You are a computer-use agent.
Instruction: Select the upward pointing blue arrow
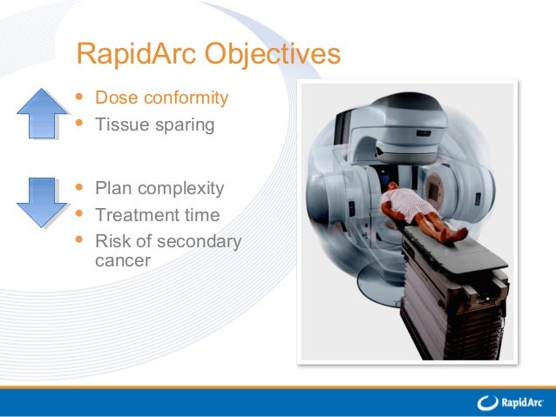(x=42, y=113)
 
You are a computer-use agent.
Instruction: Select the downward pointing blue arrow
(x=42, y=202)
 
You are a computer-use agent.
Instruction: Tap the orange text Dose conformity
(x=161, y=98)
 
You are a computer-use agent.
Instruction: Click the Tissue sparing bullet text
(x=154, y=124)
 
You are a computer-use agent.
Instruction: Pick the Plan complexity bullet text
(x=159, y=188)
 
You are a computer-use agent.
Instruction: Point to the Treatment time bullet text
(x=157, y=214)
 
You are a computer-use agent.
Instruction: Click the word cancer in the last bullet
(x=122, y=260)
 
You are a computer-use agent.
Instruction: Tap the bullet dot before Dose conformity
(x=80, y=97)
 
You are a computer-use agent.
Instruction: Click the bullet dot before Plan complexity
(x=80, y=187)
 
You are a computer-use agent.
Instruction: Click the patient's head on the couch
(x=394, y=190)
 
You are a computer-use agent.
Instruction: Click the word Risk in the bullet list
(x=112, y=241)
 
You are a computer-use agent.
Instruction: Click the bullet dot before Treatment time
(x=80, y=213)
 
